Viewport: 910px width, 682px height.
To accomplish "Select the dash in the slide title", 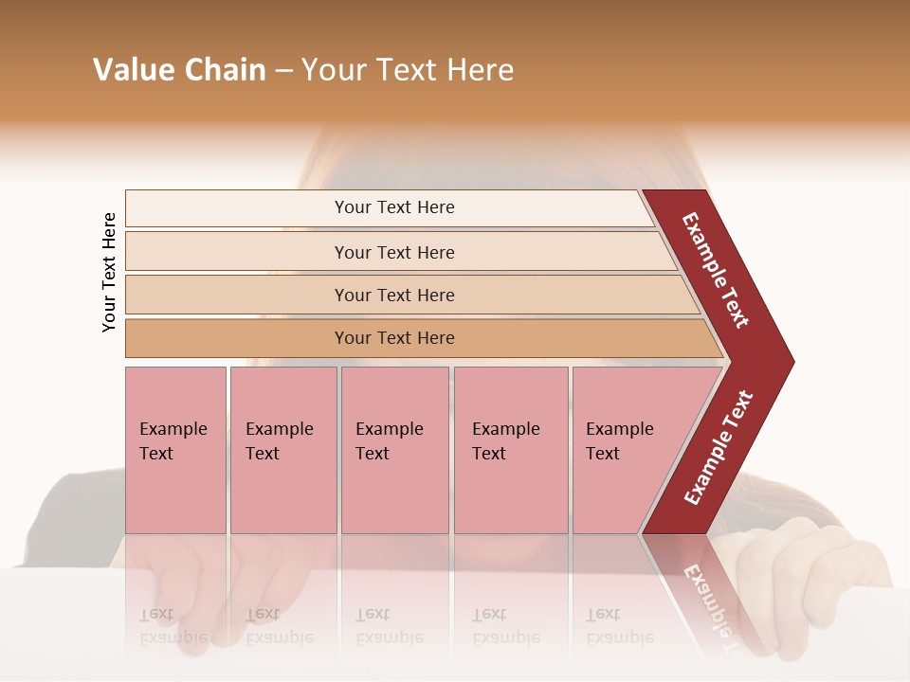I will (283, 71).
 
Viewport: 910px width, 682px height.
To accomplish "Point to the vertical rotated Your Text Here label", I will (109, 272).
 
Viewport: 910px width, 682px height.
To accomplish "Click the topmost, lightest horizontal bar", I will (393, 207).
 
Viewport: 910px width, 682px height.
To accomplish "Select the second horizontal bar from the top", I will (393, 252).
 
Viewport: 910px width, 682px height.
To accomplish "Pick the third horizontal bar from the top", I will (393, 295).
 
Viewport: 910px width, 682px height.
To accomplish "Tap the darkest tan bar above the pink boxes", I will (393, 338).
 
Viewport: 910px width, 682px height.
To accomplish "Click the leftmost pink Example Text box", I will (175, 450).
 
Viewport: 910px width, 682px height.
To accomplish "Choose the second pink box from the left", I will (282, 450).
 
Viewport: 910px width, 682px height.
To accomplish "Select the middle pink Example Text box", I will (394, 450).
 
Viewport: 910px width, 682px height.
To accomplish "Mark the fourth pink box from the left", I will (510, 450).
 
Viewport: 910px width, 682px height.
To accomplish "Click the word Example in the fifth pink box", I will (619, 429).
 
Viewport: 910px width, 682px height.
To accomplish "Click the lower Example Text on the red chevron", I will (719, 447).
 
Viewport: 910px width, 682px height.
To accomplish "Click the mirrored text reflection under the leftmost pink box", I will (173, 626).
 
